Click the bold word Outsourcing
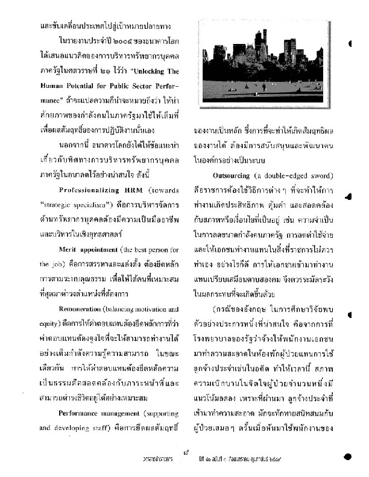[236, 175]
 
